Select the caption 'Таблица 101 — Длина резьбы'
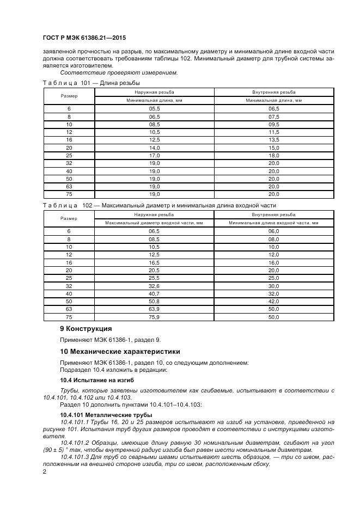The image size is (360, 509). point(91,83)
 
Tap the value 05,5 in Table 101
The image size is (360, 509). point(154,109)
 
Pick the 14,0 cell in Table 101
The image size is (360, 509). point(154,148)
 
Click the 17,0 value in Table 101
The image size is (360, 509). point(154,155)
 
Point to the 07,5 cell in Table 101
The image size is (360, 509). point(273,116)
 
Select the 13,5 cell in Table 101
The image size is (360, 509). point(273,140)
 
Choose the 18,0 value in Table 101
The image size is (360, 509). point(273,155)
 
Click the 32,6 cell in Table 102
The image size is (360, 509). point(154,286)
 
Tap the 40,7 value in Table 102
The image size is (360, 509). point(154,293)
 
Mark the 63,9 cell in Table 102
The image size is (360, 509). point(154,309)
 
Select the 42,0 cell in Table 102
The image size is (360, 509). point(273,301)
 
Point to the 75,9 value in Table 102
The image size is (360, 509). point(154,317)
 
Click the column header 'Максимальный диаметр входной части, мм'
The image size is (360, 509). point(154,223)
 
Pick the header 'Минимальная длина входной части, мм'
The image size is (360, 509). point(273,223)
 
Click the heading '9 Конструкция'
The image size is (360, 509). point(86,329)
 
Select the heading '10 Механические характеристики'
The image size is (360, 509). point(119,352)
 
